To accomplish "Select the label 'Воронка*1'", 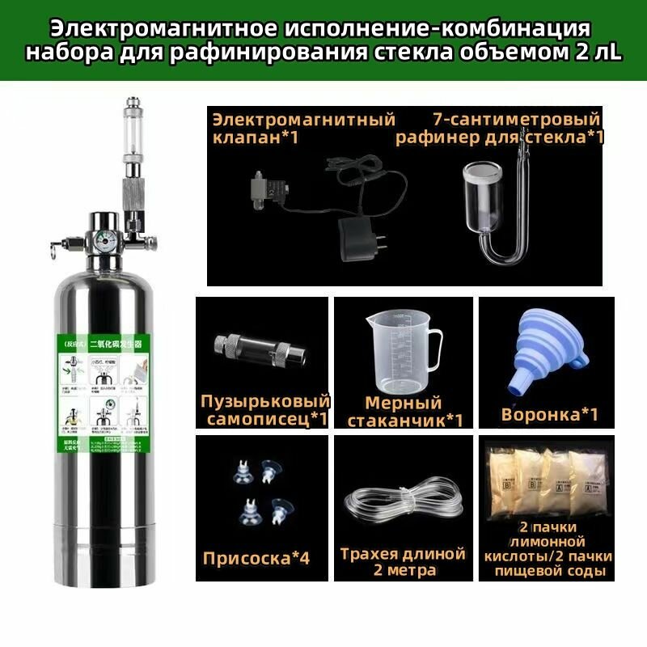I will pos(550,415).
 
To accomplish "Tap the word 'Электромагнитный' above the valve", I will pos(303,120).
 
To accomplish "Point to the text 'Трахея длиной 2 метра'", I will pos(403,562).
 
